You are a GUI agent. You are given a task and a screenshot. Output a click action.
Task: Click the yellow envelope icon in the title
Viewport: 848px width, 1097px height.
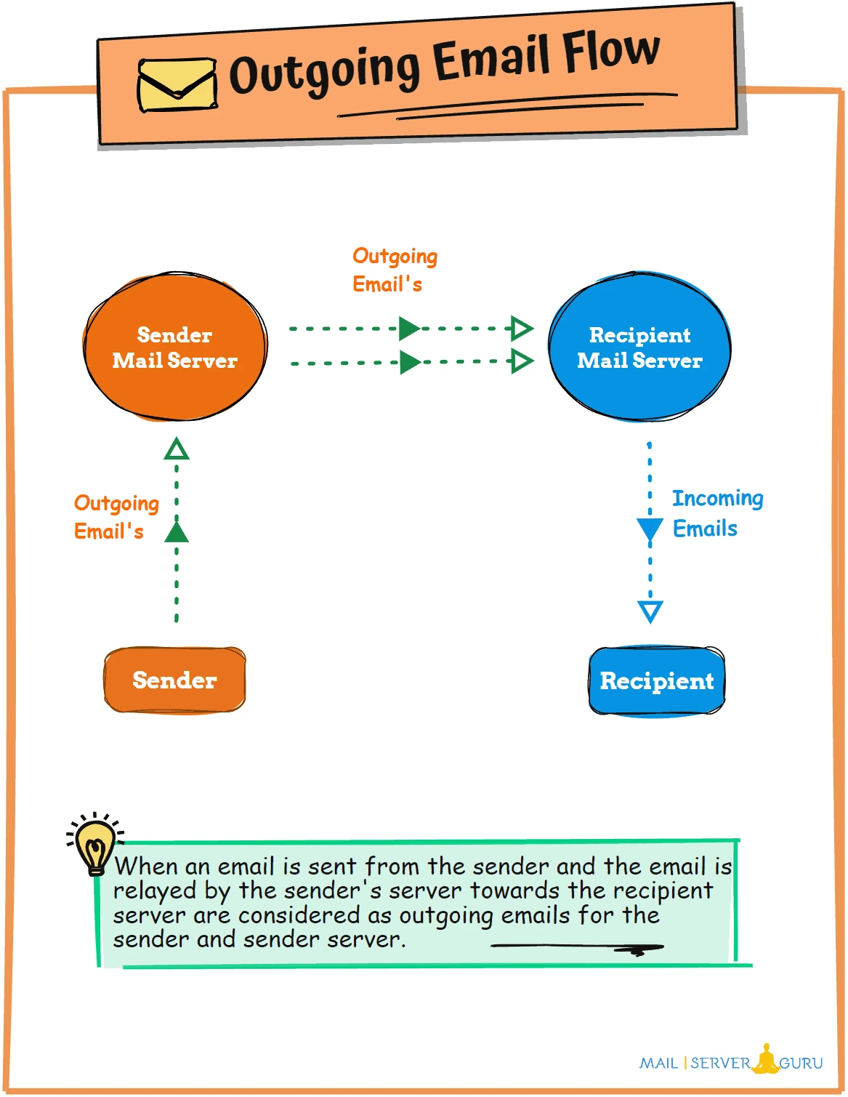pos(177,84)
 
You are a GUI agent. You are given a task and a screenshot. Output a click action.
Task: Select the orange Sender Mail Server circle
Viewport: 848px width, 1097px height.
pos(175,347)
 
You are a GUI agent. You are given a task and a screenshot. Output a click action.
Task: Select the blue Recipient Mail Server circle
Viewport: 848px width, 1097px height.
pos(639,347)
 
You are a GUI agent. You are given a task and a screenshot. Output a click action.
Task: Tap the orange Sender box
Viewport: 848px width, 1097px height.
pos(175,680)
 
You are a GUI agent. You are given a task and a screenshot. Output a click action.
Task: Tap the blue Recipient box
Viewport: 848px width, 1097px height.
pos(657,681)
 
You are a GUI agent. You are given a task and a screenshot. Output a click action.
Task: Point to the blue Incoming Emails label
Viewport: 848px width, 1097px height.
pos(716,513)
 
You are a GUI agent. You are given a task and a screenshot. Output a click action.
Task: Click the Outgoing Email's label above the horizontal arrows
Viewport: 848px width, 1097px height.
pos(395,270)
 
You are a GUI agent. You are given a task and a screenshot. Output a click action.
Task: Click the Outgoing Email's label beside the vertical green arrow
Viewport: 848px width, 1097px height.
pos(116,517)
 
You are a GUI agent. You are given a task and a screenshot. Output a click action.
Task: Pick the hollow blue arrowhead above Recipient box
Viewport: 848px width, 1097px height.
pos(650,611)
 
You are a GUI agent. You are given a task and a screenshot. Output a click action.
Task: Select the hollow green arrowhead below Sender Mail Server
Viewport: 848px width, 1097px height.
pos(177,449)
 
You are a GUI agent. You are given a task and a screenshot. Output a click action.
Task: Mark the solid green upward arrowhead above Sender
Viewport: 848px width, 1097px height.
pos(177,532)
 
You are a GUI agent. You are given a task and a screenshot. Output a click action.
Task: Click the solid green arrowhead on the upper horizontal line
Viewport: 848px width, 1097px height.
pos(409,329)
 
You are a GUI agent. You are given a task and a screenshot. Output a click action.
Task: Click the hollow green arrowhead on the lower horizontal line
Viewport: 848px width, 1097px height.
pos(522,361)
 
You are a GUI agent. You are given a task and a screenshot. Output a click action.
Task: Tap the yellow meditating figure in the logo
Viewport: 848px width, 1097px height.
pos(765,1059)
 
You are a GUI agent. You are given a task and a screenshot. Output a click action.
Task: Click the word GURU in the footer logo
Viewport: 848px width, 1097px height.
pos(801,1064)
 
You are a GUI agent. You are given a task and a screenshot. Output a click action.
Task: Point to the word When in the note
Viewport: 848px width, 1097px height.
pos(146,867)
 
